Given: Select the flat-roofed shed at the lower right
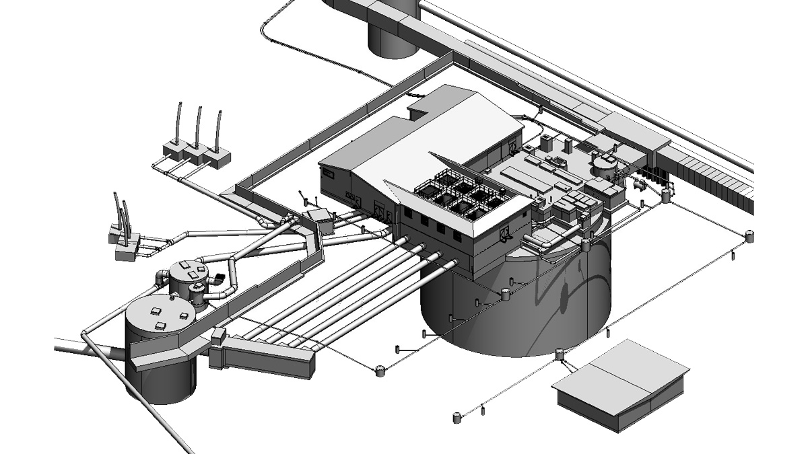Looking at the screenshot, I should [x=619, y=383].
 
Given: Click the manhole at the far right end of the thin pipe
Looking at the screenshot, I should [x=750, y=235].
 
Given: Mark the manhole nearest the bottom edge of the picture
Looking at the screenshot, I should [x=457, y=418].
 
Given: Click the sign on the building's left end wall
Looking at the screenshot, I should [x=328, y=174].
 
